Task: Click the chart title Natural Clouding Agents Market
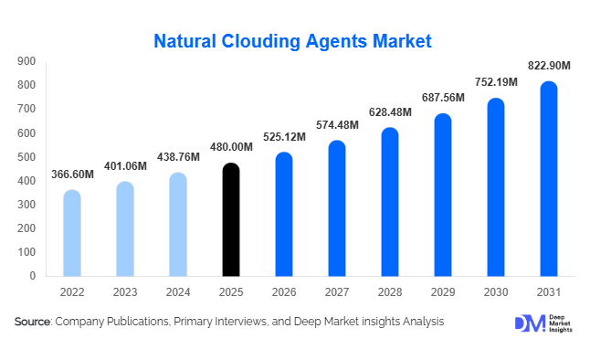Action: (x=292, y=41)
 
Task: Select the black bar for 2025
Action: (x=232, y=219)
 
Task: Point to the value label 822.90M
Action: (x=550, y=66)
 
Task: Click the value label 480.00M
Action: (x=232, y=147)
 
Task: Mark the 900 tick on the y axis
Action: (x=26, y=61)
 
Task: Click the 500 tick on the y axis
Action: (x=26, y=157)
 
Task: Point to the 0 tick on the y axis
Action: (x=32, y=276)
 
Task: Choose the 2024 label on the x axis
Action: (x=179, y=292)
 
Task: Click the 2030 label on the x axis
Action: (x=496, y=292)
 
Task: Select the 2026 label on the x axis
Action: (x=285, y=292)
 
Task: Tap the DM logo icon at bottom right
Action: (x=530, y=324)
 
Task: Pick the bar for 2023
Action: (x=125, y=228)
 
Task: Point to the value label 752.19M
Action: (x=497, y=82)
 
